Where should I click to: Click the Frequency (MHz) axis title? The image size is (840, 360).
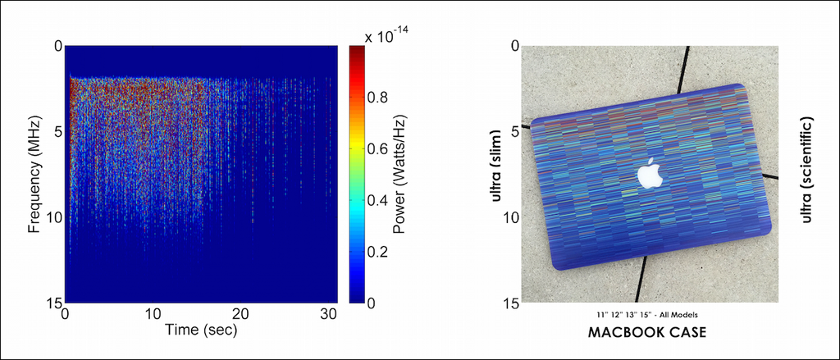click(x=34, y=174)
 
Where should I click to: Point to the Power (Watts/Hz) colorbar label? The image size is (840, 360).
click(x=400, y=174)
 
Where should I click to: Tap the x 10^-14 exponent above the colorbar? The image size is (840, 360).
click(x=387, y=36)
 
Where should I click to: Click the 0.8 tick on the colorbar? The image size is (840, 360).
click(x=378, y=97)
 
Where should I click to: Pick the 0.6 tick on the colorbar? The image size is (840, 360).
click(x=378, y=148)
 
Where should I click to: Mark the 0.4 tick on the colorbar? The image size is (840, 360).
click(x=378, y=200)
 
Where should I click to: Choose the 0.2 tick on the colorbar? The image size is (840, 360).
click(x=378, y=252)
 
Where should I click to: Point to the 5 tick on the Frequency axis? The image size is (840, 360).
click(x=56, y=131)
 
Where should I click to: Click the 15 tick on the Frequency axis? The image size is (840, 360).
click(x=52, y=303)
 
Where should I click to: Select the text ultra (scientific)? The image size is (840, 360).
click(x=807, y=170)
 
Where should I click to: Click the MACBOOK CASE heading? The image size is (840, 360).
click(x=648, y=335)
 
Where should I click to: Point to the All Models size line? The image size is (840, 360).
click(x=648, y=315)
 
